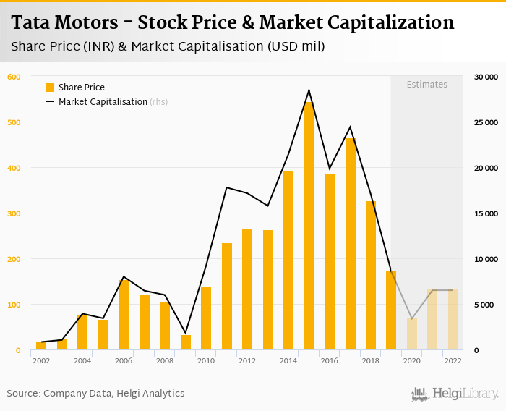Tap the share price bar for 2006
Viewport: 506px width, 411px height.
[124, 315]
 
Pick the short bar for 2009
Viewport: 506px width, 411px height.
[186, 342]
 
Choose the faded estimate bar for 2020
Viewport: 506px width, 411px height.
[412, 334]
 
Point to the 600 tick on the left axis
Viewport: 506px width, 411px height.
[14, 77]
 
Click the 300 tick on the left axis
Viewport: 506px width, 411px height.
[14, 213]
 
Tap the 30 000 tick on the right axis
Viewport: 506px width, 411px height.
[486, 77]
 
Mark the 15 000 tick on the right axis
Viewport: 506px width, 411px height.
[486, 213]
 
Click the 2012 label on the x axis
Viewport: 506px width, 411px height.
[247, 360]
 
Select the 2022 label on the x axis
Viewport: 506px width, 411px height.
[453, 360]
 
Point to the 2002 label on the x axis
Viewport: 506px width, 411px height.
[41, 360]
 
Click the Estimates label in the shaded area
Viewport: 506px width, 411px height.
[426, 85]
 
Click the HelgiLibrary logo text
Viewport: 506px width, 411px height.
[465, 394]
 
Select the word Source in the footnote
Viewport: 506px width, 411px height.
[22, 394]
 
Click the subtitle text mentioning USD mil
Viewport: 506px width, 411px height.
[168, 47]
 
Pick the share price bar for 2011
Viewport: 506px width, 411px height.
[227, 297]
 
